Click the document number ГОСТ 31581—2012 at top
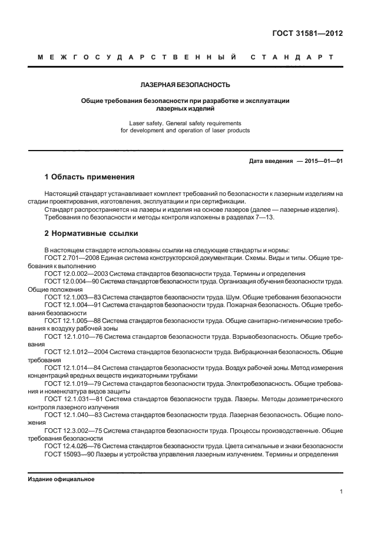[x=307, y=34]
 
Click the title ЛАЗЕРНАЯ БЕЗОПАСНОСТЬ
[x=185, y=85]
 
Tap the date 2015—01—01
[x=321, y=161]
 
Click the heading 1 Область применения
[x=90, y=176]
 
